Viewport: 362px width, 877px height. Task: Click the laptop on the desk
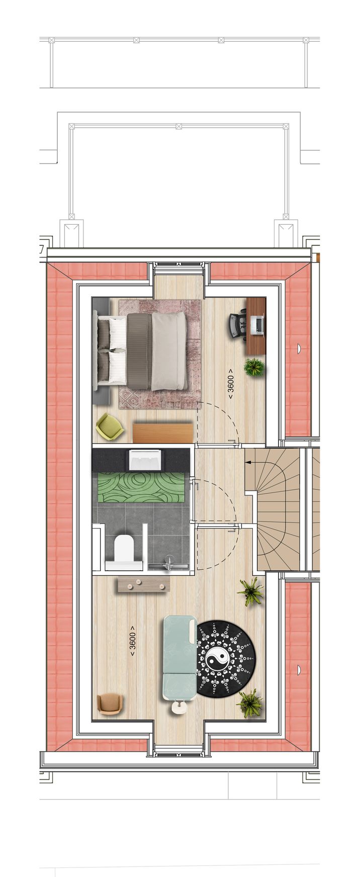tap(256, 325)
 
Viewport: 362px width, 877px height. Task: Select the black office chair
tap(238, 324)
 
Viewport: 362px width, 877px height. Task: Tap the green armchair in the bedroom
tap(110, 426)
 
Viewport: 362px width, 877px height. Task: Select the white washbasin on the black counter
tap(145, 459)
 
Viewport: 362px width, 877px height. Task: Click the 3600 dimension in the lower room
tap(133, 641)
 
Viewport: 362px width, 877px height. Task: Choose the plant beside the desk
tap(254, 367)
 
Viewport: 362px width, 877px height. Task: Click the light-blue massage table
tap(179, 656)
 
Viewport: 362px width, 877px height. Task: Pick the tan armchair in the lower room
tap(109, 704)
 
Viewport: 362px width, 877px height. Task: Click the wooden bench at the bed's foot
tap(163, 432)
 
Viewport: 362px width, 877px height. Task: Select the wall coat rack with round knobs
tap(143, 584)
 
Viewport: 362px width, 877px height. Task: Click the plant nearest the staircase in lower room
tap(250, 591)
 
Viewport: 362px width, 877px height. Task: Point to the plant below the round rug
tap(250, 703)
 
